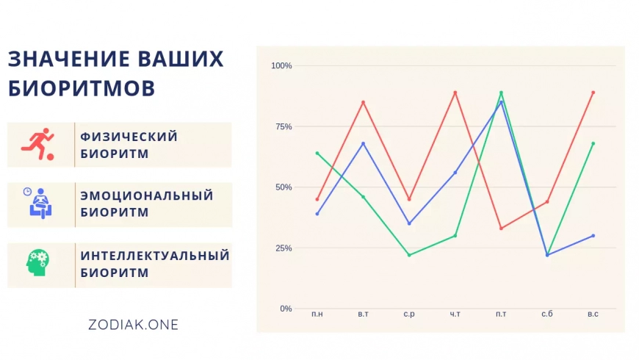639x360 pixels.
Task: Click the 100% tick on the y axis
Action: pos(281,65)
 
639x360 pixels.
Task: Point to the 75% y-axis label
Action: pos(284,127)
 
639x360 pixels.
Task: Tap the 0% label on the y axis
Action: pos(286,309)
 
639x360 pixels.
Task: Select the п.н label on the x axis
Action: pos(317,314)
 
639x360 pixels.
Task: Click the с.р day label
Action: pos(409,314)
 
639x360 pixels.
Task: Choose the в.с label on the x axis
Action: pos(593,314)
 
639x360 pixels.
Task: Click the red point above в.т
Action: pos(363,102)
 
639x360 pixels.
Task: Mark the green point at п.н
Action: pos(317,154)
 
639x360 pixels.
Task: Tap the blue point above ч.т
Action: pos(455,173)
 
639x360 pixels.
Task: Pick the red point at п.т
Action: pos(501,228)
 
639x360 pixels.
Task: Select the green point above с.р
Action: pos(409,255)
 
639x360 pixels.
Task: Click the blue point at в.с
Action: pos(593,236)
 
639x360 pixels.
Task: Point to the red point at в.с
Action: pos(593,93)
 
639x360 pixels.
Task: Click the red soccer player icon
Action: pos(38,144)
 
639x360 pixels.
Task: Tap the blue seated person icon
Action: pos(39,203)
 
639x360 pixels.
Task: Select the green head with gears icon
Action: pos(37,262)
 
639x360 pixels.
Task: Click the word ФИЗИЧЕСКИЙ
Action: pos(129,136)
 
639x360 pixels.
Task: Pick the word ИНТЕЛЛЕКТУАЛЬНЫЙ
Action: pos(155,256)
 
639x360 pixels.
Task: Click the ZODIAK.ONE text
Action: pos(133,325)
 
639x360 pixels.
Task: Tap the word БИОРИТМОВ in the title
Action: pos(82,88)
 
